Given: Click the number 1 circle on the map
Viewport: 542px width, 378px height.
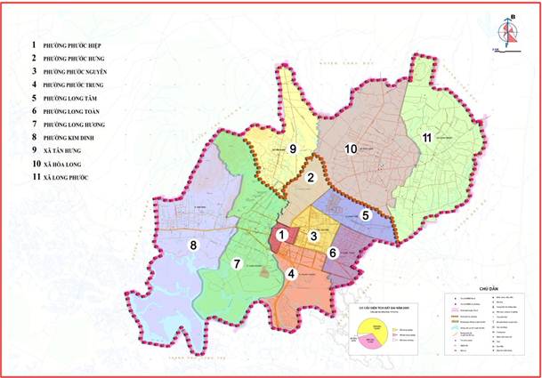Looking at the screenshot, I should point(281,235).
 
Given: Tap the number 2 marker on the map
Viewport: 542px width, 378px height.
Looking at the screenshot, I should point(311,178).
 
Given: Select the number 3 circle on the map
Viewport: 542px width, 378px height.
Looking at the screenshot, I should point(314,235).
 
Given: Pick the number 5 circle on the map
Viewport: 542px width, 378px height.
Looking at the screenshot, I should point(365,215).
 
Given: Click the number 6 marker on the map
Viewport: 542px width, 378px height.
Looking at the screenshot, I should point(332,253).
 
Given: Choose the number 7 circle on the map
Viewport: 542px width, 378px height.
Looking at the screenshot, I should point(237,262).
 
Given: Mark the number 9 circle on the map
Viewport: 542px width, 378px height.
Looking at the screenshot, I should point(292,148).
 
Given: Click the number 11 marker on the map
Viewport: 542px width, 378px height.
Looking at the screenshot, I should point(427,137).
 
